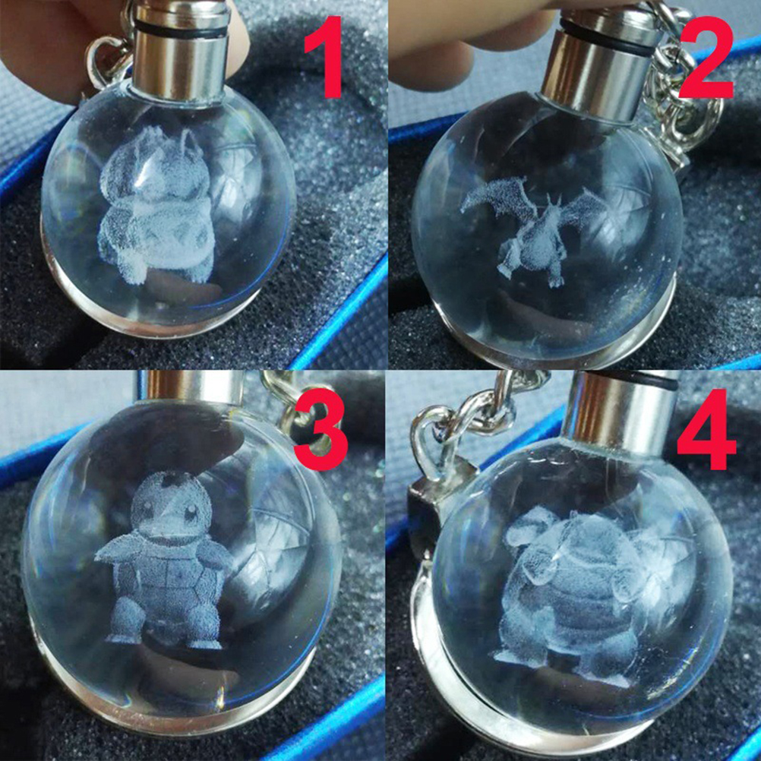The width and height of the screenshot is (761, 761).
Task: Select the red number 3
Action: [x=321, y=430]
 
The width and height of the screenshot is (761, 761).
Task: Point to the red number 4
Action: [x=706, y=429]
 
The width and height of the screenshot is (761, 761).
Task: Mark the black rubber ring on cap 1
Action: [x=182, y=29]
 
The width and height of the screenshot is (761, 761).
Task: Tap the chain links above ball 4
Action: [x=475, y=412]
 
